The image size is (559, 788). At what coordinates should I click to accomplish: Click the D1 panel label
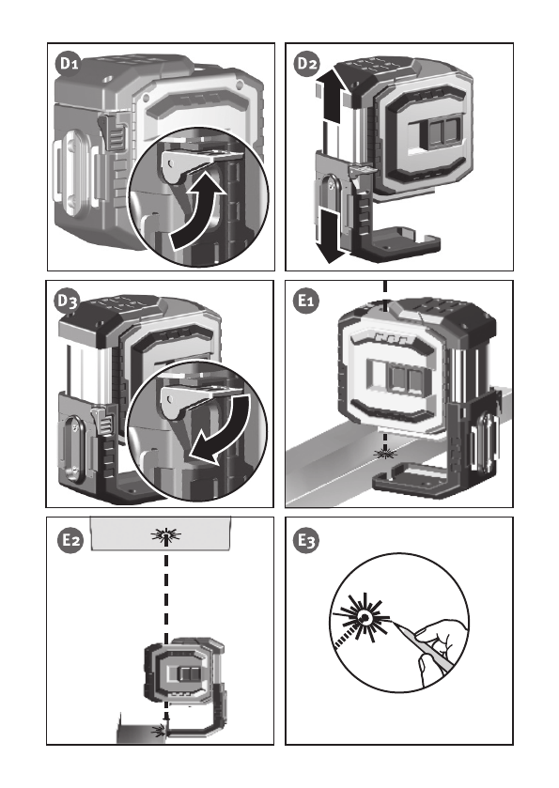tap(69, 64)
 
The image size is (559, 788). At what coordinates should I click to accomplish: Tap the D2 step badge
tap(307, 64)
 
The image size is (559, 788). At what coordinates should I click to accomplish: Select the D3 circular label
tap(67, 301)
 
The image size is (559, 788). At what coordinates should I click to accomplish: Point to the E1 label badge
tap(306, 301)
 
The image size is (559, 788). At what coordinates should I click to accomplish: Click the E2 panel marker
tap(70, 540)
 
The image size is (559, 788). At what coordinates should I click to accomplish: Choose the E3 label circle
tap(306, 540)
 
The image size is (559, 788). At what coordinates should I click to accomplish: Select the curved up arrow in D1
tap(196, 211)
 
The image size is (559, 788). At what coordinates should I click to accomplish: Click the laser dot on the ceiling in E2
tap(166, 535)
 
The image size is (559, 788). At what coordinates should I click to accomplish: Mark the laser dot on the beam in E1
tap(385, 455)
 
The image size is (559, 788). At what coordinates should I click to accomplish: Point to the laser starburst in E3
tap(363, 618)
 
